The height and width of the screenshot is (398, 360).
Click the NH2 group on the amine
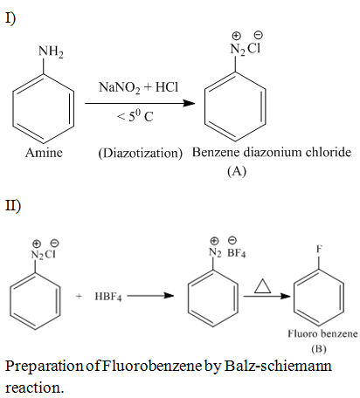click(x=51, y=52)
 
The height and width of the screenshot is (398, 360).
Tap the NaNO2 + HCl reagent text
click(x=138, y=87)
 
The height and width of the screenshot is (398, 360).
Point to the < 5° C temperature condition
click(x=135, y=117)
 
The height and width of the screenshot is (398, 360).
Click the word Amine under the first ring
click(x=44, y=153)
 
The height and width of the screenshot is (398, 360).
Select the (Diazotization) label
click(x=141, y=153)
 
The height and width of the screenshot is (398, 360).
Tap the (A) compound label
click(x=237, y=171)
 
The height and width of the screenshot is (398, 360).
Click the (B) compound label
click(x=319, y=348)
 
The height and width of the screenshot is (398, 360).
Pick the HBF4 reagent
click(x=108, y=297)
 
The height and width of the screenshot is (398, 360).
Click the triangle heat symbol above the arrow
click(x=263, y=285)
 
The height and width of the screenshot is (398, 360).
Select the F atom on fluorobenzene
click(x=319, y=249)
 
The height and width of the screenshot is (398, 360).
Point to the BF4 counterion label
click(x=236, y=253)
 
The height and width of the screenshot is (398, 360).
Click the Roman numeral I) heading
click(x=10, y=18)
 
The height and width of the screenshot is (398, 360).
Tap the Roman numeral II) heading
click(x=13, y=205)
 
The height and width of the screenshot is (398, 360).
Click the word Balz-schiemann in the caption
click(x=278, y=366)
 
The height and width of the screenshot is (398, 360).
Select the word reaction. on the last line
click(x=34, y=388)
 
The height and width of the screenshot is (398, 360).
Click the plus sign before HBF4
click(x=79, y=296)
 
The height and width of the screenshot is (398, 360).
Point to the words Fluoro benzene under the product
click(x=322, y=333)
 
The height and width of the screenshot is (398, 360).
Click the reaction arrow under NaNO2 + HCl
click(x=140, y=103)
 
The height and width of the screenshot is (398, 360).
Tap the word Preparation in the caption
click(x=45, y=367)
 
